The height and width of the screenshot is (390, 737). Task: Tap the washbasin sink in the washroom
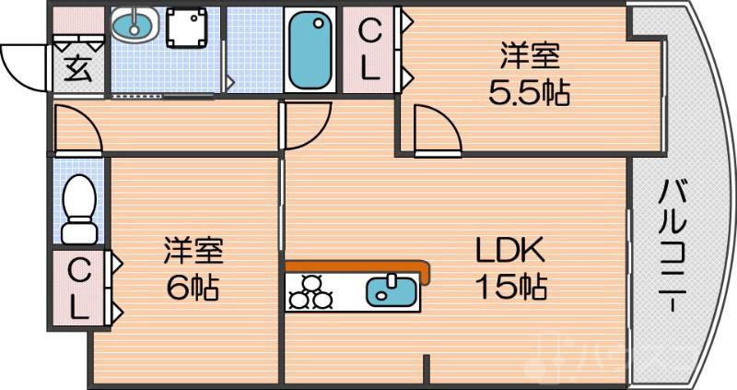[134, 26]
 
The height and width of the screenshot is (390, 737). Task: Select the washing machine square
[189, 30]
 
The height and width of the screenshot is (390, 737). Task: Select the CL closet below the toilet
[79, 289]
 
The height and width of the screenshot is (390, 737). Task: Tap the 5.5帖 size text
[529, 90]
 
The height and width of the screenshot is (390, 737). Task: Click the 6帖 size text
[192, 289]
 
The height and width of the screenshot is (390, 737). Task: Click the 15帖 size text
[511, 287]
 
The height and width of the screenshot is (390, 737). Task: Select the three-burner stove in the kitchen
[310, 291]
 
